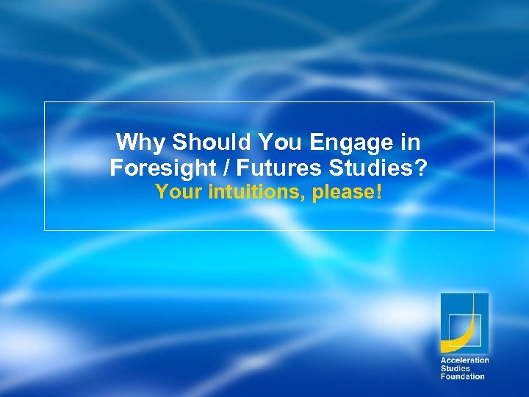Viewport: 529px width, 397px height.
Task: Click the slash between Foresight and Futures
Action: point(224,168)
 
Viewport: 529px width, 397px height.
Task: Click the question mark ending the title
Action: point(420,168)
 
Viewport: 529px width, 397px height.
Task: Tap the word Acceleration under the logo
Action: point(464,360)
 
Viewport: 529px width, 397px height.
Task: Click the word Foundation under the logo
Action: point(462,376)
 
